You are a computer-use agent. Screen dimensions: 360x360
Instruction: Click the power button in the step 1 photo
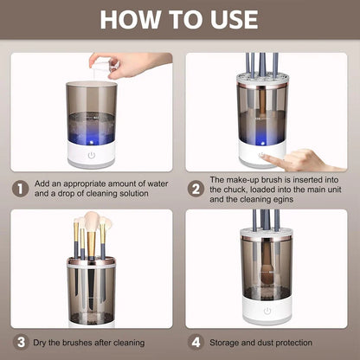click(x=91, y=156)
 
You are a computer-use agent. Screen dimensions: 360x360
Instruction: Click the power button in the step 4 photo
click(x=267, y=310)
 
